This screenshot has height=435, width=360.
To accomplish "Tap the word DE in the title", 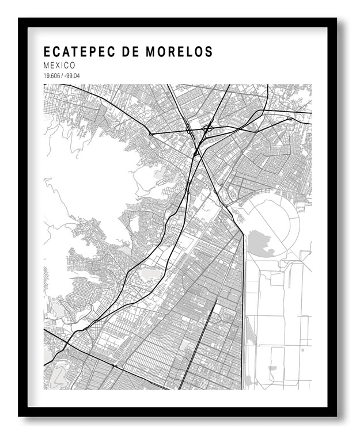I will pos(133,52).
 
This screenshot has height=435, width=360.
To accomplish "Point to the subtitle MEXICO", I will pos(59,66).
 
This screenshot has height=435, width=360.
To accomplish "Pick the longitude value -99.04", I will pos(71,76).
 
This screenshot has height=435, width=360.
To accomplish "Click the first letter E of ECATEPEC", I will pos(47,52).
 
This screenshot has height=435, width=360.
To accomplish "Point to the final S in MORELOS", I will pos(209,52).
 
